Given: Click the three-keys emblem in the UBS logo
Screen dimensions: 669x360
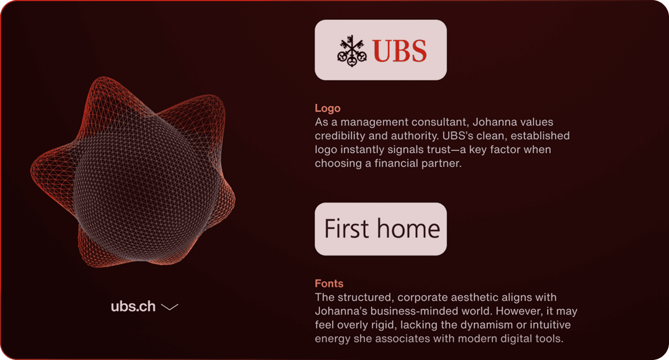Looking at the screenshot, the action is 352,51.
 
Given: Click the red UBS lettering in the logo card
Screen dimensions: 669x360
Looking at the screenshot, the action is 399,51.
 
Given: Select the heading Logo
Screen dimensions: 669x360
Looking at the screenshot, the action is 328,108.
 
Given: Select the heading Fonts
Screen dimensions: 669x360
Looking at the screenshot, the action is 329,283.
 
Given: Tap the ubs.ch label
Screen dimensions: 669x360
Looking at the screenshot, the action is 133,306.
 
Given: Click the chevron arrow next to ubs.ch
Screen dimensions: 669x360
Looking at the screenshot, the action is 169,307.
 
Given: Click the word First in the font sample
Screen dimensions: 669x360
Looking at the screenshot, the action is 346,229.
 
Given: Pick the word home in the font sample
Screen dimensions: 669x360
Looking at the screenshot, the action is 408,228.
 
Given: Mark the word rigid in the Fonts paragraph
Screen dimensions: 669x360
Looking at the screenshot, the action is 384,325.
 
